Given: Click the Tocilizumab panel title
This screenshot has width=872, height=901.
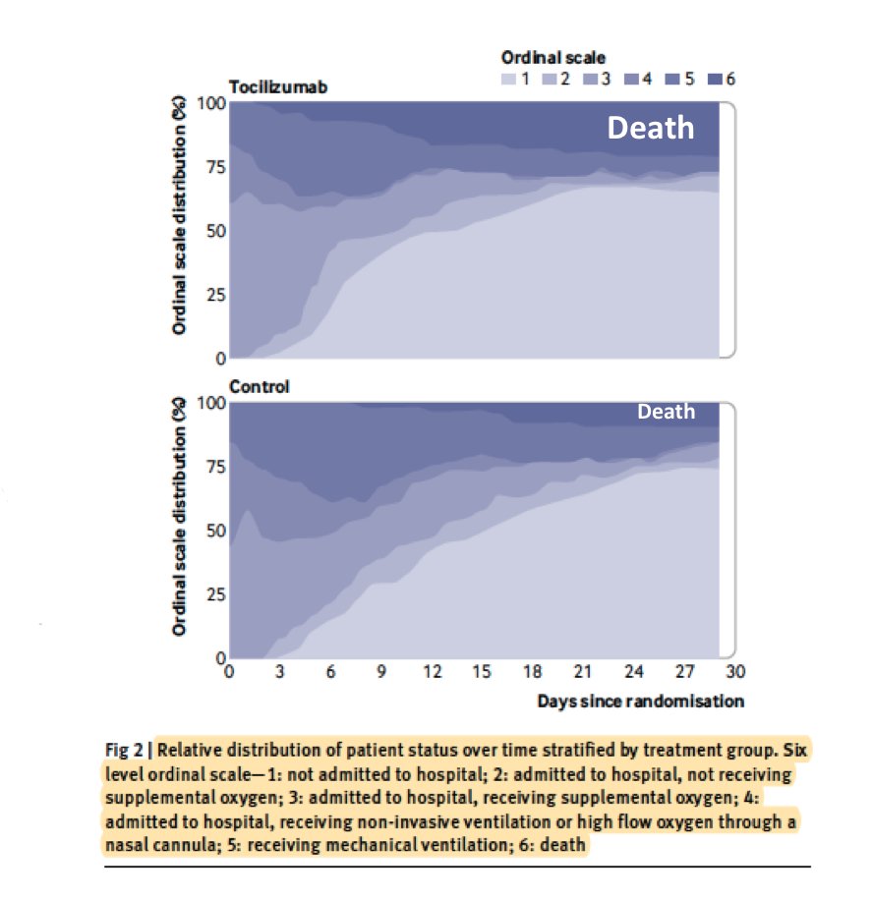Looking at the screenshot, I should click(278, 87).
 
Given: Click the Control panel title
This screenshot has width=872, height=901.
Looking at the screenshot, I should click(260, 387).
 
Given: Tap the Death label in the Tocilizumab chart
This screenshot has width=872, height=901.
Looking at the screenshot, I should click(650, 128).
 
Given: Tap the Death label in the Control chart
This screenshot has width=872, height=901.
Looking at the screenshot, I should click(666, 412).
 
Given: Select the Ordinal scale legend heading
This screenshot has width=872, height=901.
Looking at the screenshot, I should click(553, 59).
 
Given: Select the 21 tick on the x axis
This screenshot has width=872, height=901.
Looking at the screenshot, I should click(583, 673).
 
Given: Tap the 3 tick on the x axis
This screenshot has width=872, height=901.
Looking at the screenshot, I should click(279, 673).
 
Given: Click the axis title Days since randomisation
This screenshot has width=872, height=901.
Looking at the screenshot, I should click(640, 701).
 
